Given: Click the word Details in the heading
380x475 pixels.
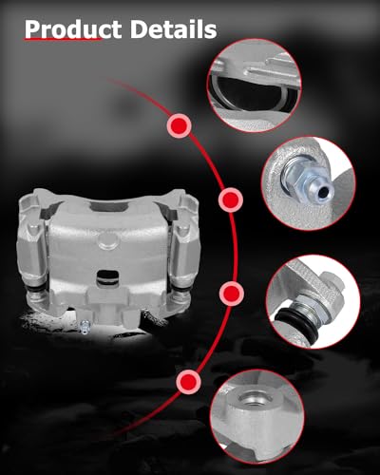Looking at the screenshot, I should (169, 30).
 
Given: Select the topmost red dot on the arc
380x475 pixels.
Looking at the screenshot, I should (177, 123).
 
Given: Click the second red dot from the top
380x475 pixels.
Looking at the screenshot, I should (229, 200).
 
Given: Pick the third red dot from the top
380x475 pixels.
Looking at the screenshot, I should (229, 291).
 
